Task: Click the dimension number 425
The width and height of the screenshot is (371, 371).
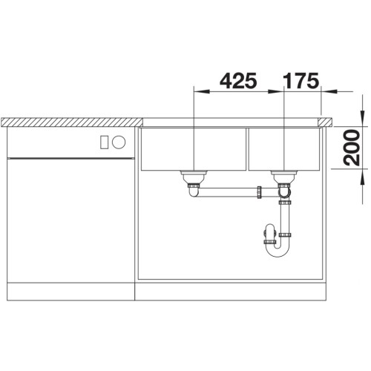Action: click(x=238, y=79)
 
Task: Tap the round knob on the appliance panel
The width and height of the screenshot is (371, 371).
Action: click(x=119, y=142)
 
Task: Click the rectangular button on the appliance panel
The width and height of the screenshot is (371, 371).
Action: click(x=104, y=142)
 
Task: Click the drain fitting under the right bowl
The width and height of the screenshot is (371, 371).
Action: click(x=283, y=178)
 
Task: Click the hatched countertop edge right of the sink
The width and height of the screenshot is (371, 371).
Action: click(x=326, y=119)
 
